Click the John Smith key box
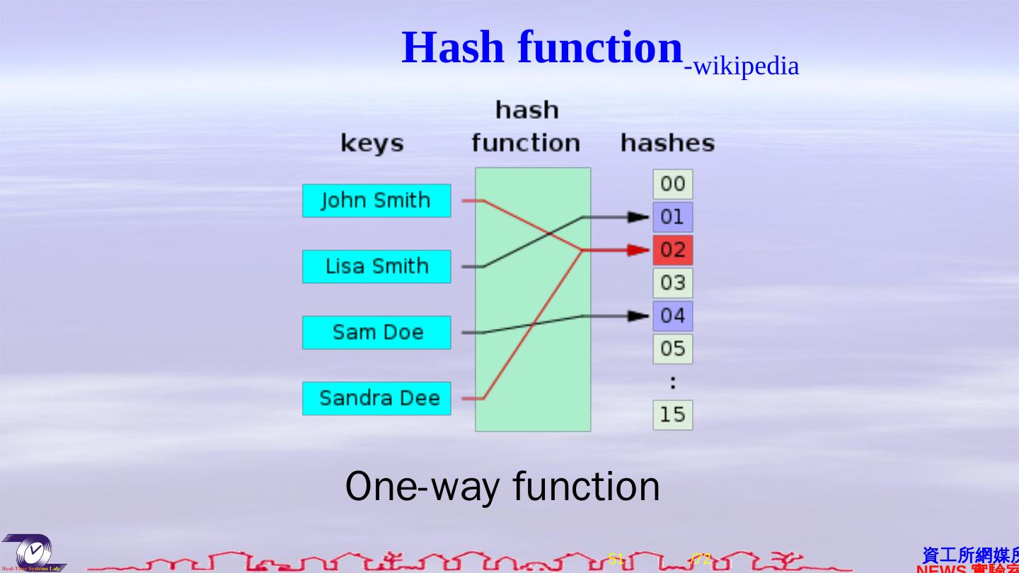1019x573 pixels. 376,201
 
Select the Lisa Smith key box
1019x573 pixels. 376,267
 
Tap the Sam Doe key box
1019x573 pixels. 376,332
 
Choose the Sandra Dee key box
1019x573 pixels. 376,398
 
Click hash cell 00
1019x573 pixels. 672,184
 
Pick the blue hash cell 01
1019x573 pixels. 672,217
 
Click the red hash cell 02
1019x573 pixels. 672,250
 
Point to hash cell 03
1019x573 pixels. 672,283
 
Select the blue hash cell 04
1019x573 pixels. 672,316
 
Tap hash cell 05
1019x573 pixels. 672,349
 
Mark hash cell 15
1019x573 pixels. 672,415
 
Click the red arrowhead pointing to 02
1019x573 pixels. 638,250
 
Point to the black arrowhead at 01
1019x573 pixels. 638,217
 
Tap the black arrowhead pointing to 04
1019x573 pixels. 638,316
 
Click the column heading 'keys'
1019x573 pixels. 372,144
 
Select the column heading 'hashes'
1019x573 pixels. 667,143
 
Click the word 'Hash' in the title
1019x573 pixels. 453,48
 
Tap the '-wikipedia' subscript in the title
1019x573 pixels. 742,66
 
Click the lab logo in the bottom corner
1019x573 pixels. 33,552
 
